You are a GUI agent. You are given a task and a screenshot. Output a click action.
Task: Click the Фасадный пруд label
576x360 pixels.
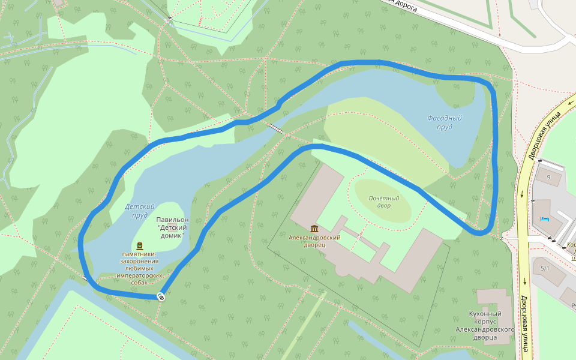click(444, 122)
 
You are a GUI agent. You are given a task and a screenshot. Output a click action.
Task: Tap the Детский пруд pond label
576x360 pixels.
click(136, 210)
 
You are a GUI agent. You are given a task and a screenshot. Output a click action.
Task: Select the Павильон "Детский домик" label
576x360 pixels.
click(172, 227)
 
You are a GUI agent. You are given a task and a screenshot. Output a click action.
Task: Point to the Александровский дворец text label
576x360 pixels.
click(314, 241)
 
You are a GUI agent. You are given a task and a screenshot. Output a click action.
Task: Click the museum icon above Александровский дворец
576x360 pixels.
click(314, 229)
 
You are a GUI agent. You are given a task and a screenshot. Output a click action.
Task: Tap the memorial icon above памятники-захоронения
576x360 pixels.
click(140, 245)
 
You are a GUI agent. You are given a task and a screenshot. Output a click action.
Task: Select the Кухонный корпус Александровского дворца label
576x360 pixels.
click(485, 325)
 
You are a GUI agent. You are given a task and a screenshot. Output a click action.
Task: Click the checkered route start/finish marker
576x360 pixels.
click(161, 296)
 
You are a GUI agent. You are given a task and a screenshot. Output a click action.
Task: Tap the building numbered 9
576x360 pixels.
click(547, 178)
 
